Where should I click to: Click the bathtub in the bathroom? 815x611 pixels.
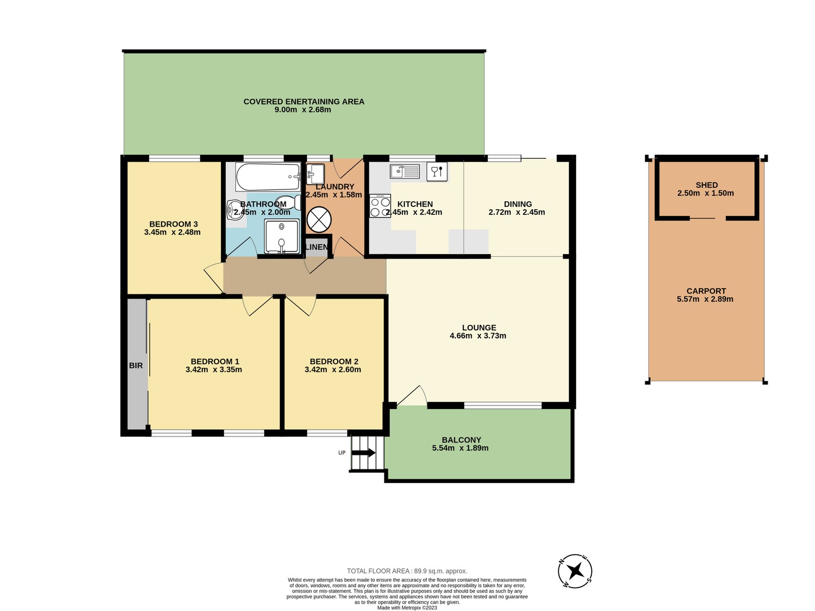(x=268, y=177)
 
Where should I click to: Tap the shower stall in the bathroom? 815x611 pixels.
(x=282, y=236)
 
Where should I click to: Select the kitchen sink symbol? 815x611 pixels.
(x=404, y=172)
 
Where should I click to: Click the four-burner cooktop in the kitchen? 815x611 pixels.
(x=380, y=206)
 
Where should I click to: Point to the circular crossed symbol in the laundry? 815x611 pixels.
(x=319, y=219)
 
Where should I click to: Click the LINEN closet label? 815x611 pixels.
(x=317, y=247)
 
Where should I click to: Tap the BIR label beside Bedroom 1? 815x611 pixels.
(x=136, y=366)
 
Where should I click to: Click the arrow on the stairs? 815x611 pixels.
(x=364, y=453)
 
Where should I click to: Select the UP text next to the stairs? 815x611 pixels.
(x=342, y=453)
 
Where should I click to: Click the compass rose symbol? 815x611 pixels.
(x=575, y=571)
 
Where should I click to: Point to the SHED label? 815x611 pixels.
(x=707, y=185)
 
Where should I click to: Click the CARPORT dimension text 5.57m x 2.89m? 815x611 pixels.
(x=705, y=299)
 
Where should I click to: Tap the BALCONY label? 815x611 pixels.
(x=461, y=440)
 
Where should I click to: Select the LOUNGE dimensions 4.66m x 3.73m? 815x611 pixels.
(x=478, y=336)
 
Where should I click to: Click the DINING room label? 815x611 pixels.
(x=518, y=204)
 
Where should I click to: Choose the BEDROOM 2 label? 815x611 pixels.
(x=334, y=362)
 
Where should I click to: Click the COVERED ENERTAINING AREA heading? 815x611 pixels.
(x=304, y=102)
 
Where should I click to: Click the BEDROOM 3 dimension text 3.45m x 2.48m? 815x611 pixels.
(x=172, y=232)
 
